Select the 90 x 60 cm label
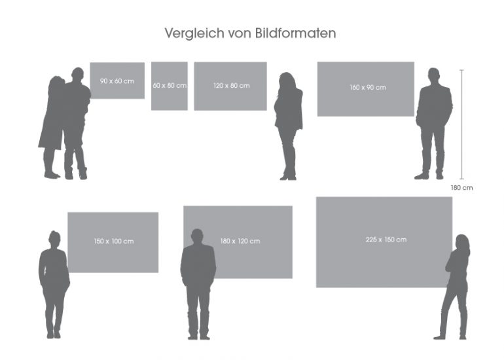tap(117, 81)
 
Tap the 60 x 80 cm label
tap(170, 86)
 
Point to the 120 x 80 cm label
tap(230, 86)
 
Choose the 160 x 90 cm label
tap(367, 87)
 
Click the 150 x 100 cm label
tap(113, 242)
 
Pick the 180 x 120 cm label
tap(240, 242)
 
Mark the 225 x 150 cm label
tap(386, 240)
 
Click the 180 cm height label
tap(461, 188)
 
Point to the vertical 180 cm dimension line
tap(462, 124)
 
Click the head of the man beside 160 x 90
tap(433, 75)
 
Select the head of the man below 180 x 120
tap(197, 236)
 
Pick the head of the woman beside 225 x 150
tap(462, 242)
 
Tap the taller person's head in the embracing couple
tap(77, 75)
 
